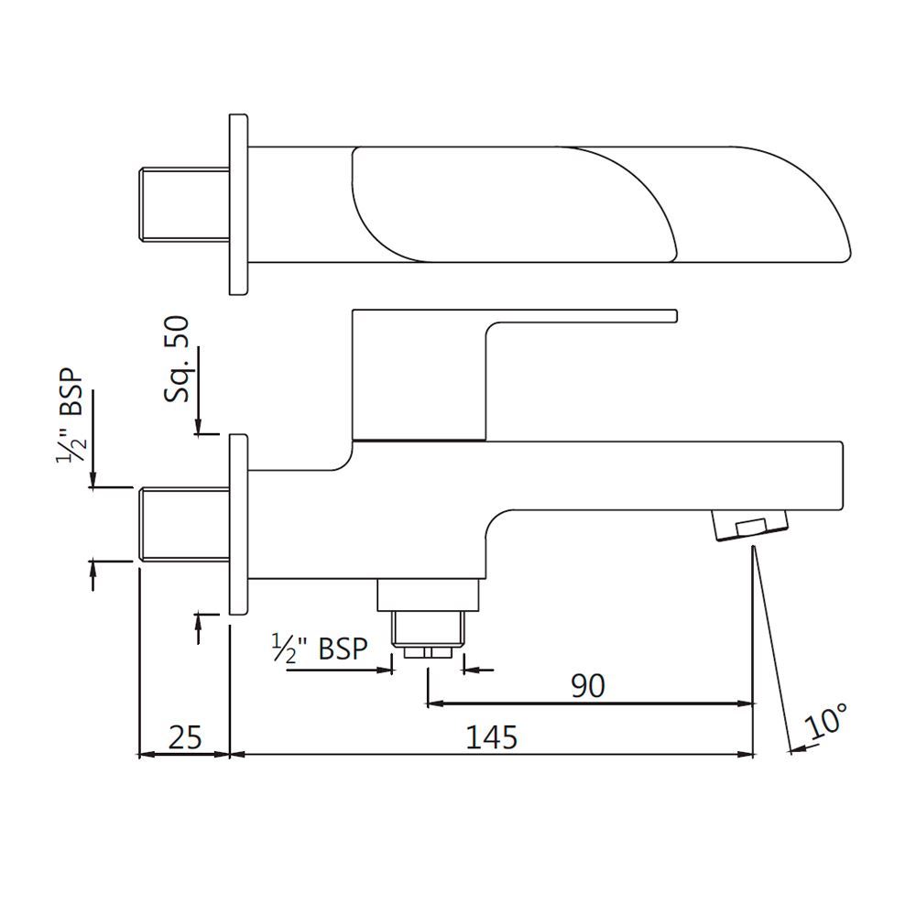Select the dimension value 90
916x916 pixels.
[x=587, y=685]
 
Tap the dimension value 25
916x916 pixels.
[x=183, y=736]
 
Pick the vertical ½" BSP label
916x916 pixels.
[x=71, y=417]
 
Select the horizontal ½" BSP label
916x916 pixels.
[x=320, y=649]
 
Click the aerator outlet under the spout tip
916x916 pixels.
[x=748, y=527]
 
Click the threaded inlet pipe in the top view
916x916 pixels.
[x=182, y=204]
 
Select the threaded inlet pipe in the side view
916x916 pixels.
[x=182, y=523]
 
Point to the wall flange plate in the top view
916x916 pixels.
[x=238, y=204]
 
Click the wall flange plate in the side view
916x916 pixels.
[x=238, y=524]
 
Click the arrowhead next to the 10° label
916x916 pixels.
[x=794, y=749]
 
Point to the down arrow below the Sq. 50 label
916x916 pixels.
[x=197, y=427]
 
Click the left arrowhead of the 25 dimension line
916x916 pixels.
[x=142, y=755]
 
